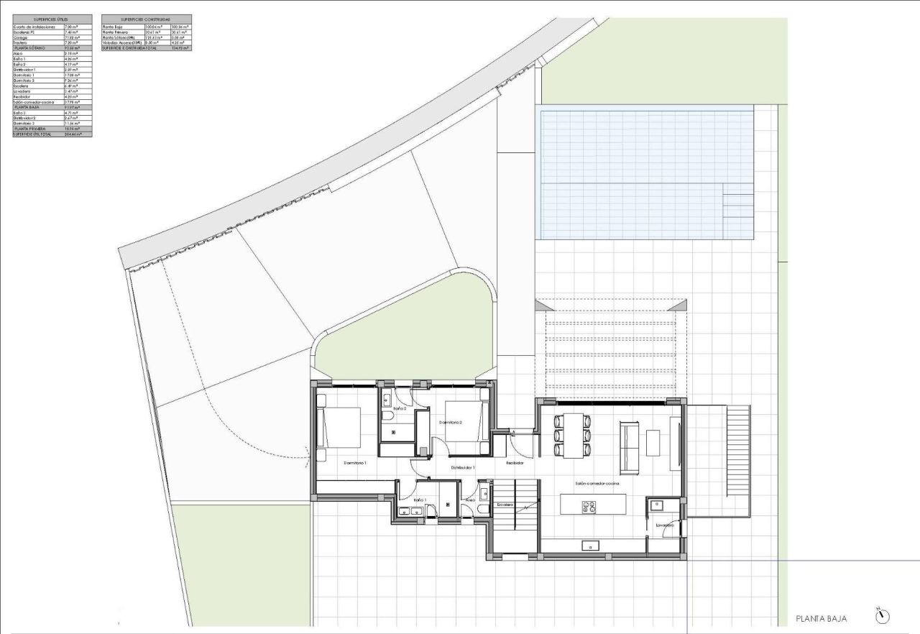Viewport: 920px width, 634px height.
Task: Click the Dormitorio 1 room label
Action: [x=355, y=463]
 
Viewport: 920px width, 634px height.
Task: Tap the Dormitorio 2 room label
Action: [x=450, y=423]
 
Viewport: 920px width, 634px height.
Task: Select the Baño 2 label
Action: [x=400, y=409]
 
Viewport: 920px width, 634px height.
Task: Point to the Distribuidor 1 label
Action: [x=463, y=468]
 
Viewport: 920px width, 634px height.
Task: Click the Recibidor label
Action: [x=515, y=464]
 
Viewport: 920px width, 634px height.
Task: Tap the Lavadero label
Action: [x=664, y=525]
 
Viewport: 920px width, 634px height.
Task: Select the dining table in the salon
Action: [x=573, y=435]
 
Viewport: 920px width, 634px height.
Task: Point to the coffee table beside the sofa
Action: [x=653, y=443]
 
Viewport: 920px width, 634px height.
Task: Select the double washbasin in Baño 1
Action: [x=410, y=512]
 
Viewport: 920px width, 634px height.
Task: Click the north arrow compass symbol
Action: [x=883, y=616]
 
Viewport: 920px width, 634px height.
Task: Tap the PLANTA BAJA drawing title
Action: [x=822, y=618]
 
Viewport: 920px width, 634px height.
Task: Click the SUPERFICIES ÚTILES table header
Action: [x=52, y=19]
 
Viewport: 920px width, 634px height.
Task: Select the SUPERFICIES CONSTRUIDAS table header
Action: [x=147, y=19]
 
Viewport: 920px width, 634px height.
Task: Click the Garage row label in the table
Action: [x=21, y=37]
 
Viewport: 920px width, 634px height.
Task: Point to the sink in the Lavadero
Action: [x=655, y=505]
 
